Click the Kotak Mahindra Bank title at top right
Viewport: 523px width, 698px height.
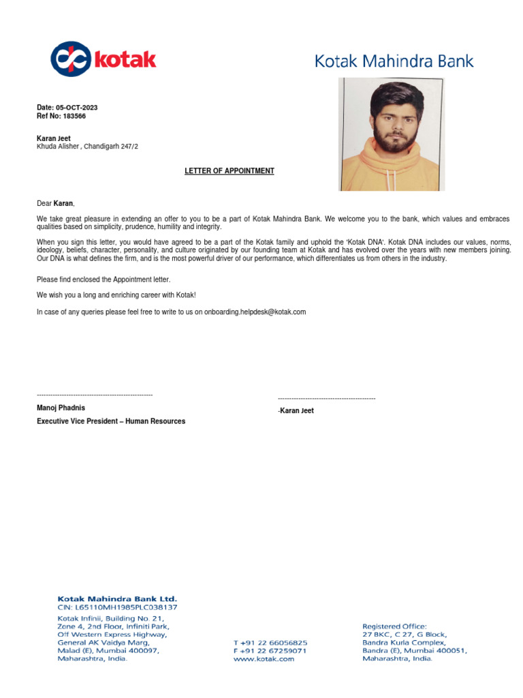pyautogui.click(x=394, y=61)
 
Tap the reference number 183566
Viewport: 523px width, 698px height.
pyautogui.click(x=74, y=116)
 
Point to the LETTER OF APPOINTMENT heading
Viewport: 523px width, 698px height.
pyautogui.click(x=229, y=171)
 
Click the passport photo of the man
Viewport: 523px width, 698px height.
pyautogui.click(x=392, y=134)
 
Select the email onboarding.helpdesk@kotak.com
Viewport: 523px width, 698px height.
pyautogui.click(x=255, y=312)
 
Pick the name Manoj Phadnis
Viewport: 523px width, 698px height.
pyautogui.click(x=61, y=408)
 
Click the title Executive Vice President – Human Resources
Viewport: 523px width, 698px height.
pyautogui.click(x=111, y=421)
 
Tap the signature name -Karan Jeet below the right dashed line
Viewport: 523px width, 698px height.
pyautogui.click(x=296, y=411)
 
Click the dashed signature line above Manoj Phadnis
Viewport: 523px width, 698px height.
pyautogui.click(x=95, y=395)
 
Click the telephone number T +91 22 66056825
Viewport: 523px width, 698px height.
pyautogui.click(x=270, y=643)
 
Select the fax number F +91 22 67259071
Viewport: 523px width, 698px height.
pyautogui.click(x=270, y=651)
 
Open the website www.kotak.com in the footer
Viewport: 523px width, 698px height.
pyautogui.click(x=264, y=659)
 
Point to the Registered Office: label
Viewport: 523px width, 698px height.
pyautogui.click(x=394, y=626)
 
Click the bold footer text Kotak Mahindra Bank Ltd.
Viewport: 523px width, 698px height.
pyautogui.click(x=117, y=598)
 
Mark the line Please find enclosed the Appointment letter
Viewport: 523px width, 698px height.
pyautogui.click(x=104, y=279)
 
